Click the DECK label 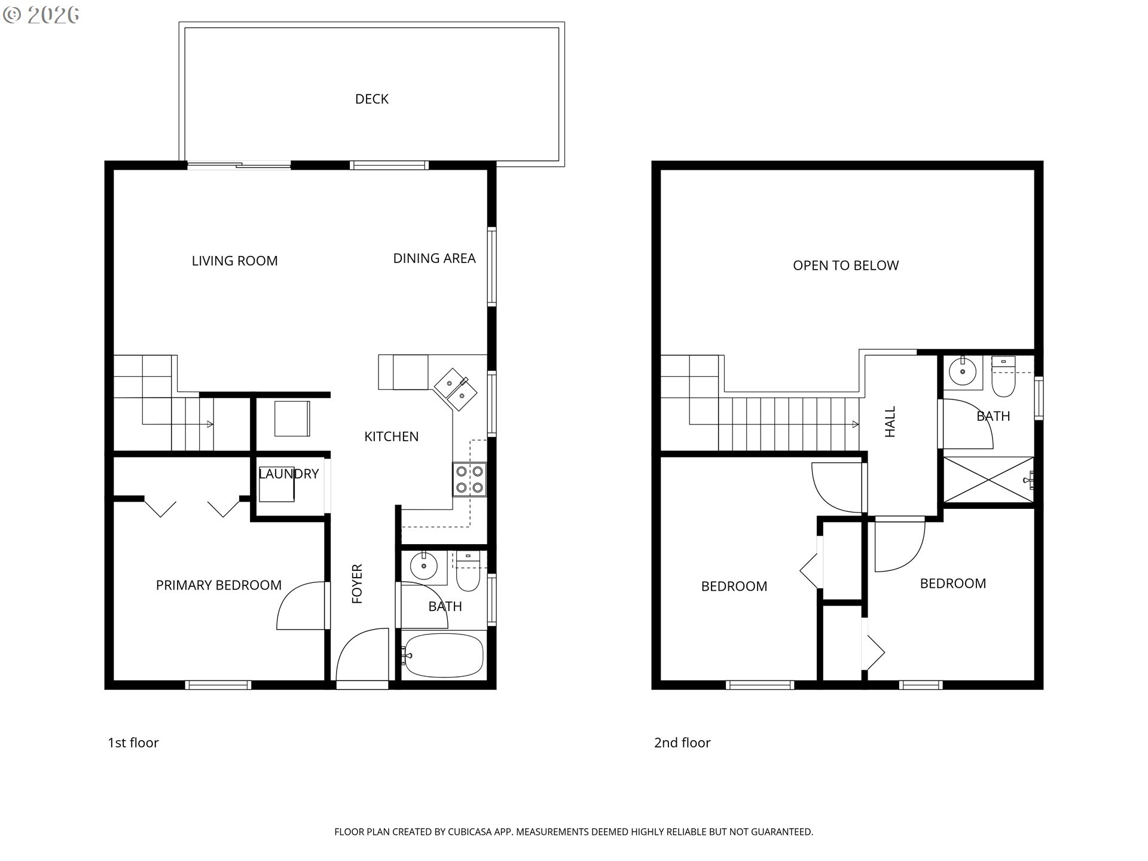coord(372,99)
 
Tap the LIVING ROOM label coord(235,261)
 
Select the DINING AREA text coord(434,258)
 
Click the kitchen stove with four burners coord(469,480)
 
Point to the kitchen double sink coord(456,389)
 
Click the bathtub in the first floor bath coord(443,655)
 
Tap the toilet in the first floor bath coord(468,572)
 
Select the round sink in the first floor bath coord(424,566)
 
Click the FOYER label coord(357,584)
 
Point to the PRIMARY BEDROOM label coord(219,585)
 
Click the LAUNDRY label coord(289,474)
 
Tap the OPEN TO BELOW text coord(846,265)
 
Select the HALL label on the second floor coord(890,422)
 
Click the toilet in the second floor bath coord(1004,377)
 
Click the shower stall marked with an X coord(989,480)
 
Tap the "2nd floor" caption coord(682,743)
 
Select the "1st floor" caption coord(133,743)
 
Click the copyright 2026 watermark coord(41,15)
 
